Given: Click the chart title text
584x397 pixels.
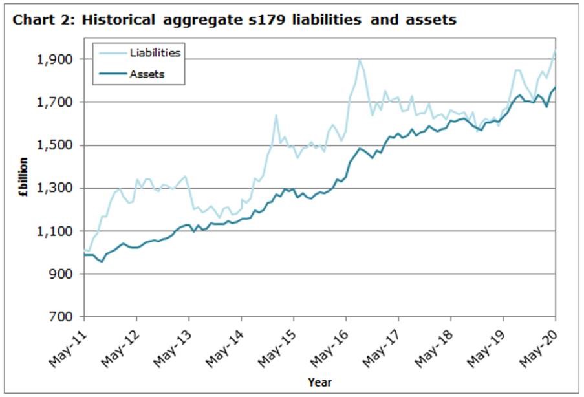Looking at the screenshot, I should pyautogui.click(x=235, y=20).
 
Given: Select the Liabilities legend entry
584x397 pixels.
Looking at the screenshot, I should pyautogui.click(x=155, y=52).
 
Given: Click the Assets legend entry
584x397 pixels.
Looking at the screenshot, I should pyautogui.click(x=147, y=74).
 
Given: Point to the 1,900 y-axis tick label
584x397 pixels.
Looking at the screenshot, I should pyautogui.click(x=62, y=59).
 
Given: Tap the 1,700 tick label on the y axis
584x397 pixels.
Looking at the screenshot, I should pyautogui.click(x=62, y=102).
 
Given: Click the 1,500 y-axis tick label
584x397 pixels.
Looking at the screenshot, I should pyautogui.click(x=62, y=145).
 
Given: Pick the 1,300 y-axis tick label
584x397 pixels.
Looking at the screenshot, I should pyautogui.click(x=62, y=188).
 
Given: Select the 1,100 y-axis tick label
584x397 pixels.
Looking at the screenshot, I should pyautogui.click(x=62, y=231).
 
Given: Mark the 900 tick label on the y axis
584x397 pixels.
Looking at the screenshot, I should pyautogui.click(x=66, y=274).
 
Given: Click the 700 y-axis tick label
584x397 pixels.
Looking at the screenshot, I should pyautogui.click(x=66, y=317).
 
